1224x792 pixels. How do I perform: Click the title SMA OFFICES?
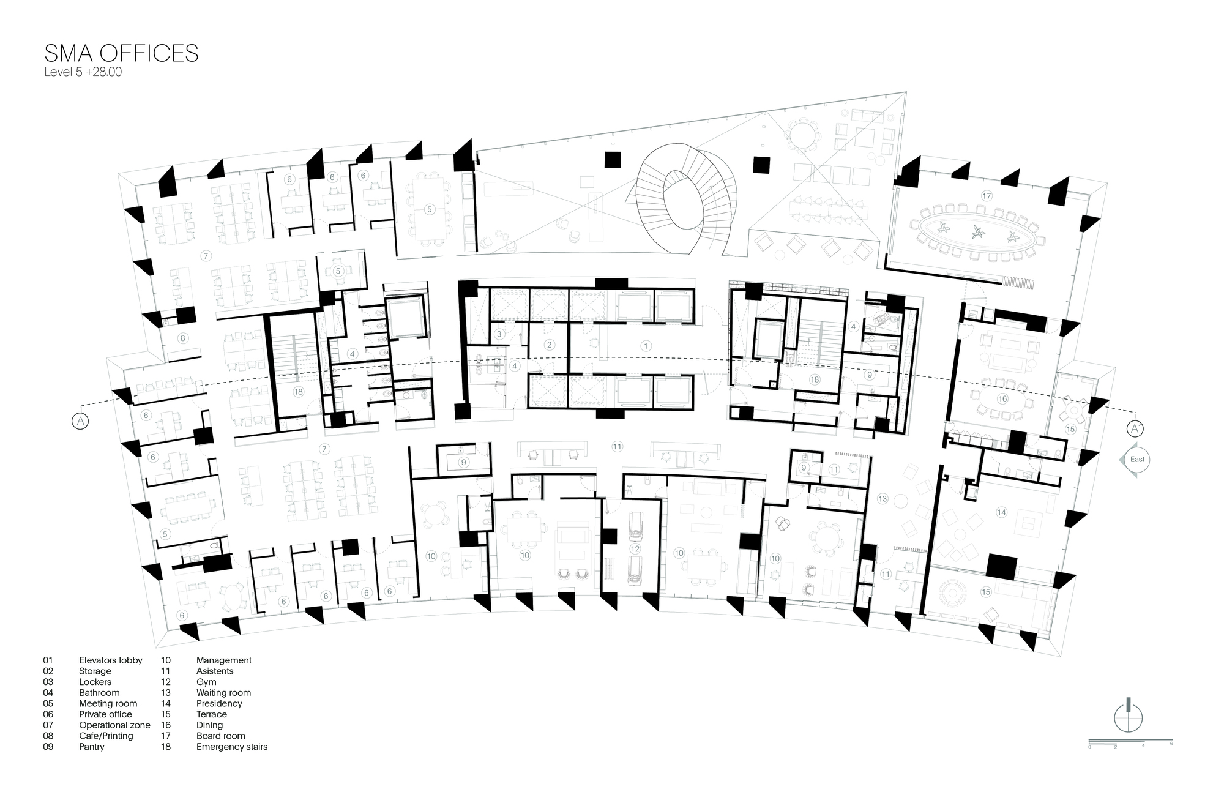[x=122, y=53]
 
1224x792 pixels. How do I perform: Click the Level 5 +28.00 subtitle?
[x=83, y=72]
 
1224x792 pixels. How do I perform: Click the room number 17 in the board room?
[x=986, y=196]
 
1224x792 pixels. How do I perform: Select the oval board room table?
[x=977, y=231]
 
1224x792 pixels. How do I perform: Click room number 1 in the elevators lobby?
[x=645, y=346]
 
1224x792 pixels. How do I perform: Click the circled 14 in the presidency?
[x=1001, y=512]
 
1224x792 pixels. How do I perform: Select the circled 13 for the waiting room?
[x=882, y=499]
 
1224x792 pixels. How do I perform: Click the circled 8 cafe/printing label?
[x=182, y=338]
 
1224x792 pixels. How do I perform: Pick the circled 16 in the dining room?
[x=1002, y=398]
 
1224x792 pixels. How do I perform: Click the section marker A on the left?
[x=80, y=420]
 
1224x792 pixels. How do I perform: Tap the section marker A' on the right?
[x=1135, y=428]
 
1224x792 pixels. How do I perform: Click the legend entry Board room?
[x=221, y=736]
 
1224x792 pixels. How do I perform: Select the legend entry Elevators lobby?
[x=111, y=660]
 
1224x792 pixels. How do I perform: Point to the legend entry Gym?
[x=206, y=682]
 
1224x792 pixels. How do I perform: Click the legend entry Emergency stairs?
[x=232, y=747]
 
